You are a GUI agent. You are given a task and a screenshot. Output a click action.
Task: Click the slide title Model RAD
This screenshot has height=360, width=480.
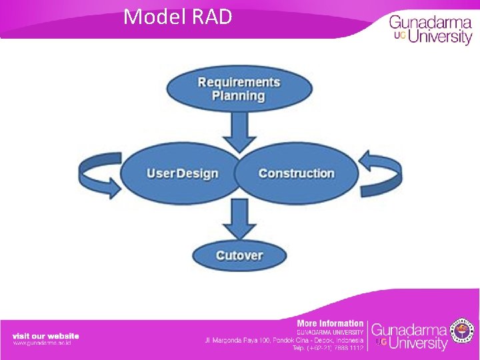[x=177, y=16]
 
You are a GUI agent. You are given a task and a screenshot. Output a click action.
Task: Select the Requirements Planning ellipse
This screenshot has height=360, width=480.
[x=239, y=89]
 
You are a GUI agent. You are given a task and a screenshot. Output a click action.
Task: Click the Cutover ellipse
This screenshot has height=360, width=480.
[x=239, y=255]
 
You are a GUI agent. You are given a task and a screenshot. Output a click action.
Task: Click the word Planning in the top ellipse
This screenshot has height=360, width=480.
[x=239, y=96]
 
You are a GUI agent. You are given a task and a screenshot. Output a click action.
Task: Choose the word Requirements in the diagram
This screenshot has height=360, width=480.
[x=239, y=82]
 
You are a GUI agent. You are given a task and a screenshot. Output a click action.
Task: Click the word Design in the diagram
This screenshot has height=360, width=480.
[x=197, y=174]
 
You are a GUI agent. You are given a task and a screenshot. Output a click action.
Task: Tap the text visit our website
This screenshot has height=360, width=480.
[x=45, y=335]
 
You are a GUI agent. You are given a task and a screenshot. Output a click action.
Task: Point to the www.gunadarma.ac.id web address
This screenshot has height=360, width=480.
[x=41, y=343]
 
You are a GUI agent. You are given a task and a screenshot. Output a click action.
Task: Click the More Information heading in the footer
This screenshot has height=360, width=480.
[x=330, y=323]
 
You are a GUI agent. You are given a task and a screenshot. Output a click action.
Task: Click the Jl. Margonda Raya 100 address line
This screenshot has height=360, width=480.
[x=284, y=340]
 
